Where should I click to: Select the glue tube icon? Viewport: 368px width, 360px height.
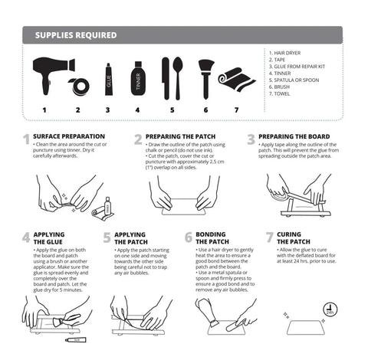point(108,79)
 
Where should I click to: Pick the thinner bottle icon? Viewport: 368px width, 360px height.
point(138,77)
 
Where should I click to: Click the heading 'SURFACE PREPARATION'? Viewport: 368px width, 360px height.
point(70,136)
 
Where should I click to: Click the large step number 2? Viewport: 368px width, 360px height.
point(138,139)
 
